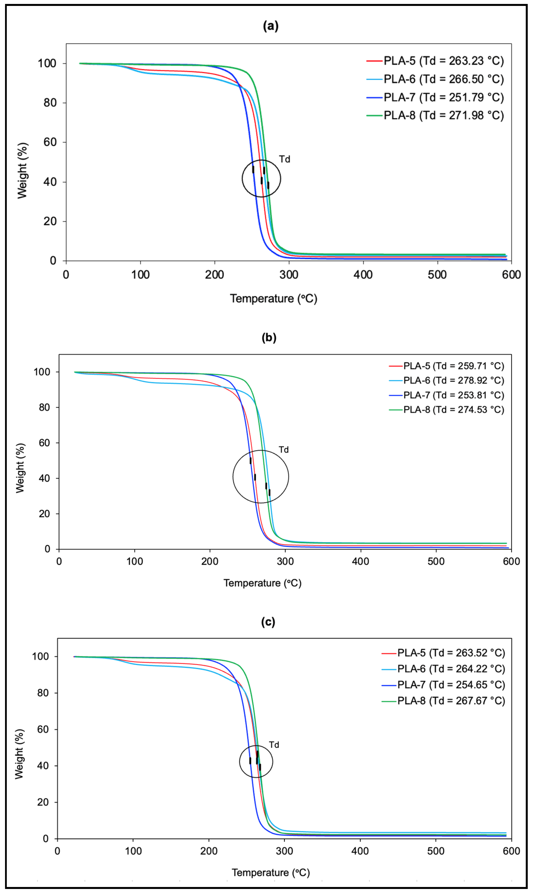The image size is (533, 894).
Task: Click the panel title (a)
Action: pyautogui.click(x=271, y=26)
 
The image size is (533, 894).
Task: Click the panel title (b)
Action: pyautogui.click(x=269, y=338)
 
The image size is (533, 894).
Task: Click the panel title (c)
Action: pyautogui.click(x=268, y=622)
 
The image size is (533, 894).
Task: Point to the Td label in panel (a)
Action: pyautogui.click(x=284, y=159)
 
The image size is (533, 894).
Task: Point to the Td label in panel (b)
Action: pyautogui.click(x=283, y=450)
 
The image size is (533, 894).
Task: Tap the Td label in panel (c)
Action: pyautogui.click(x=274, y=745)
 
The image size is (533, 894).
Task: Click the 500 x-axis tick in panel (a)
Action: pyautogui.click(x=437, y=275)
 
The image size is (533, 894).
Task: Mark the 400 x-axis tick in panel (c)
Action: pyautogui.click(x=360, y=851)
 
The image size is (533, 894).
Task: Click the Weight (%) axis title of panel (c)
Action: pyautogui.click(x=20, y=754)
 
